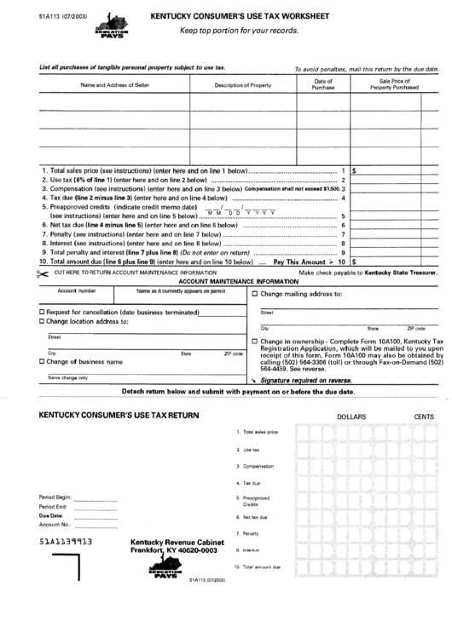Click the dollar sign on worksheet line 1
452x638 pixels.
click(x=354, y=170)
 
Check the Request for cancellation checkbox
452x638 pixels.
click(x=43, y=313)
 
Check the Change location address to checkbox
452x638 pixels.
click(x=43, y=321)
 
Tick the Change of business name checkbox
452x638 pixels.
click(x=43, y=361)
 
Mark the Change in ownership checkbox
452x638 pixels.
click(x=255, y=339)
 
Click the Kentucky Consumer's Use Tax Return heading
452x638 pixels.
click(x=119, y=415)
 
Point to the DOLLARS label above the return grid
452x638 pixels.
click(x=351, y=416)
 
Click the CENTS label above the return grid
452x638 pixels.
click(x=423, y=416)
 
